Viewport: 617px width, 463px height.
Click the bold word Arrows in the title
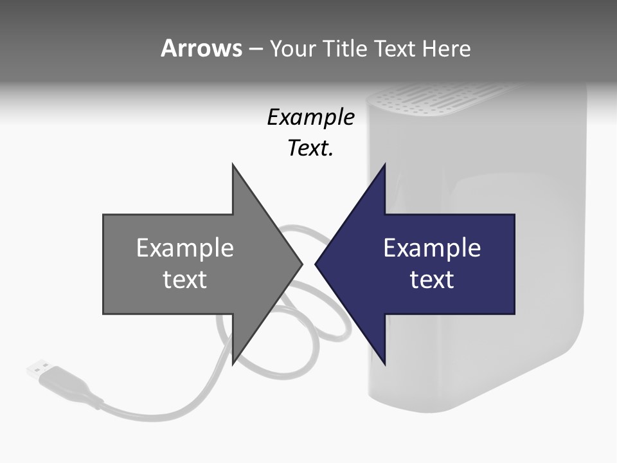[201, 48]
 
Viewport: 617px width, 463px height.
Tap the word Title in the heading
[344, 49]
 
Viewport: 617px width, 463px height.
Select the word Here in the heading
[446, 49]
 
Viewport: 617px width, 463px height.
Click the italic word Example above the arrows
[310, 118]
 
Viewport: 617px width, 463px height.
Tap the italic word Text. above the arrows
[310, 149]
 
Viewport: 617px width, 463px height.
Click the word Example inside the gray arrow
[184, 248]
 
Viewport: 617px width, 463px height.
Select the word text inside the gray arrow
[184, 280]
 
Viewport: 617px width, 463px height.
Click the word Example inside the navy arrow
[432, 248]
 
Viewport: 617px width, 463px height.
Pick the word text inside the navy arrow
[432, 280]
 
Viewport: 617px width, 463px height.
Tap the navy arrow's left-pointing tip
[317, 264]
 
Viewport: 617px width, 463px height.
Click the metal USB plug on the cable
[38, 369]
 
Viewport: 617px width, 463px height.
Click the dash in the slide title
[256, 49]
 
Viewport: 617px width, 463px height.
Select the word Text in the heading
[395, 49]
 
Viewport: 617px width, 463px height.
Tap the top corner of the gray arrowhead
[233, 166]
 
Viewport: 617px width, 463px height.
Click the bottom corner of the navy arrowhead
[384, 363]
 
